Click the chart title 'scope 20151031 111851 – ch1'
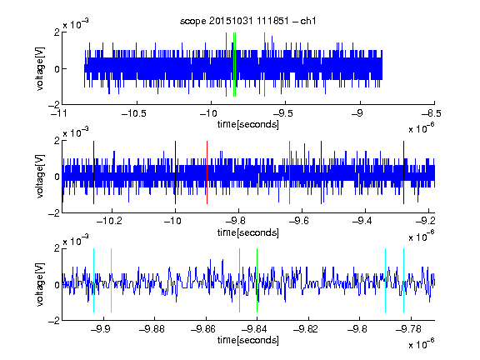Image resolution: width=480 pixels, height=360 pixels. tap(247, 21)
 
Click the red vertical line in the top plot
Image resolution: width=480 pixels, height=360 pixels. tap(226, 65)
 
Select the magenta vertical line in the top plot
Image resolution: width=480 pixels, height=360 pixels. tap(264, 65)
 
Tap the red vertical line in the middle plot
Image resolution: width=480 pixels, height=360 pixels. tap(207, 172)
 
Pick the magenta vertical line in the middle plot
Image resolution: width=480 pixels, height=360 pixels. tap(290, 172)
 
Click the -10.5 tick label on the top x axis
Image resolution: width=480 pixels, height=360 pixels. tap(134, 114)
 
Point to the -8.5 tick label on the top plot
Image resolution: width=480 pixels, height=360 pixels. tap(431, 114)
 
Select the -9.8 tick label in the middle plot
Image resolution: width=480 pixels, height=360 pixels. tap(237, 221)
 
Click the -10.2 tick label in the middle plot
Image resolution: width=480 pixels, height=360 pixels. tap(109, 221)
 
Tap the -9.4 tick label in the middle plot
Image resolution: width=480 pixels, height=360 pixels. tap(362, 221)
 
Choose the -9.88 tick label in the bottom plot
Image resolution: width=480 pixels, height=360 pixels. tap(152, 329)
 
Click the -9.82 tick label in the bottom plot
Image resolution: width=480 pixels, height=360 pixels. tap(306, 329)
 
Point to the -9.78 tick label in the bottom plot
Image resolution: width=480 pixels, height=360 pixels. tap(408, 329)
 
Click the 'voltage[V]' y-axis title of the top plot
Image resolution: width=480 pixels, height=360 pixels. tap(40, 68)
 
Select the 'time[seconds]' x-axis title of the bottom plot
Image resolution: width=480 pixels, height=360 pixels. tap(248, 340)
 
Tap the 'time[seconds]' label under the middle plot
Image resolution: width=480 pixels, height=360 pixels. tap(248, 232)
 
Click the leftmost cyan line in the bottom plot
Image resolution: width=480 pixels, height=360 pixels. tap(93, 280)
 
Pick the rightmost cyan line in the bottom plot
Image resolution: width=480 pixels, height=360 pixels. tap(403, 280)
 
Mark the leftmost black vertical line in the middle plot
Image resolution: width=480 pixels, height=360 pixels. tap(93, 172)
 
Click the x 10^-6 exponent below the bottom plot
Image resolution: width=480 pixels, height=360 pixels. tap(422, 344)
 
